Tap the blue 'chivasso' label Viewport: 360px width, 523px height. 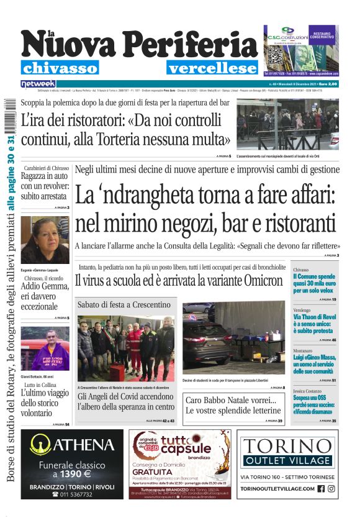(x=60, y=68)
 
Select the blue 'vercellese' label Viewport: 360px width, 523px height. (x=211, y=68)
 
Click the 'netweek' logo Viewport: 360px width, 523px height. (x=38, y=83)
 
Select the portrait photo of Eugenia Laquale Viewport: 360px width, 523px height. (x=45, y=240)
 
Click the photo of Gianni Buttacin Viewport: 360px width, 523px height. (x=45, y=348)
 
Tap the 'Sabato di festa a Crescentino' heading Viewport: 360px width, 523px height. (x=124, y=305)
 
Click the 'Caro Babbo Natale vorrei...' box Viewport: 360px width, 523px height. (x=233, y=406)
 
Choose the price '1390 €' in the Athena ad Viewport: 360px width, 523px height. (x=72, y=474)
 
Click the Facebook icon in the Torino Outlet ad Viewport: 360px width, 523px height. (x=321, y=489)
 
